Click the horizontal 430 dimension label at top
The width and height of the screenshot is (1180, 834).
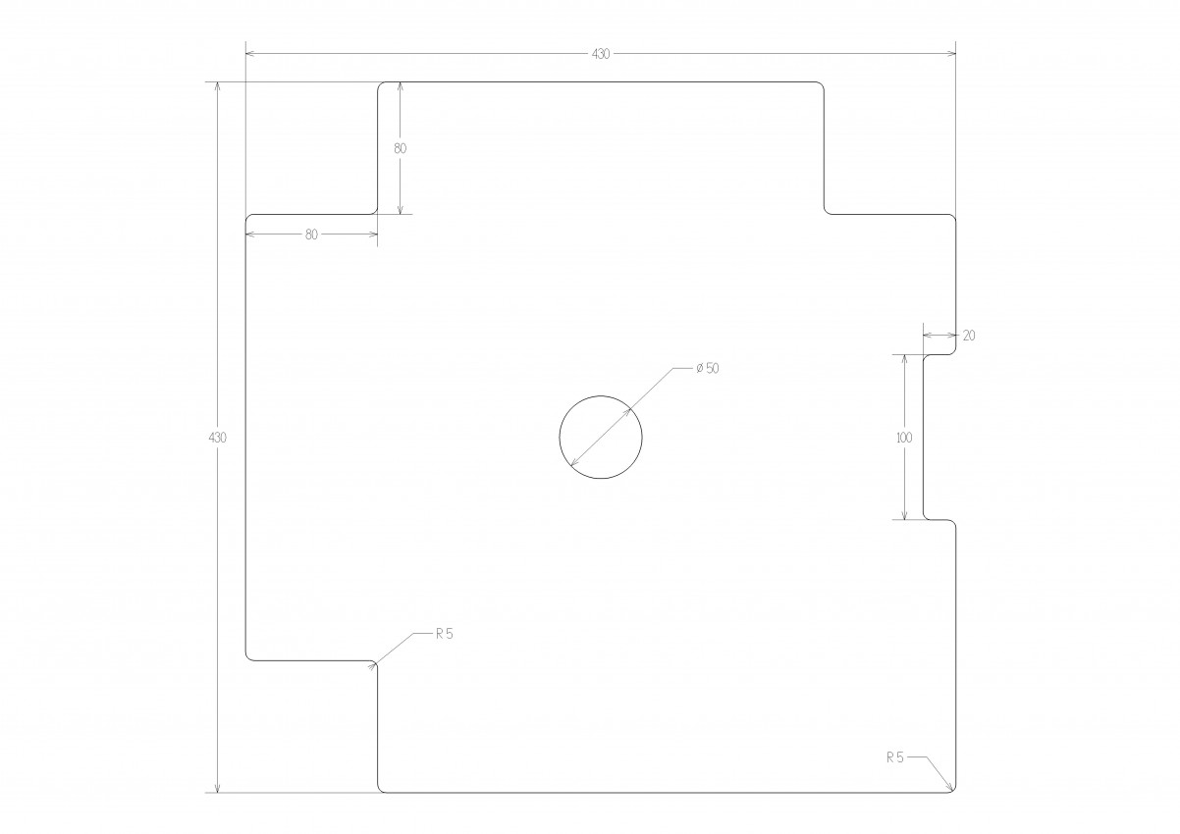[x=601, y=54]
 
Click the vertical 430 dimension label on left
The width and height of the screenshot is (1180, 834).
[x=218, y=437]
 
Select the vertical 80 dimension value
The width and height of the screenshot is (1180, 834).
[x=401, y=148]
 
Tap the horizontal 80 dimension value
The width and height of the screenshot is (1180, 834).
[x=312, y=235]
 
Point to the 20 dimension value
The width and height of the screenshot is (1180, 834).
[x=969, y=336]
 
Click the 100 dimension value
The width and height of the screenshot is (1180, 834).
[x=904, y=437]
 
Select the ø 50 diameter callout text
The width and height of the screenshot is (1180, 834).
[x=708, y=368]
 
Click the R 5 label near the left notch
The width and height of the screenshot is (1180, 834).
[x=445, y=634]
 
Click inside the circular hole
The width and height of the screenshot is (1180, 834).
[x=601, y=437]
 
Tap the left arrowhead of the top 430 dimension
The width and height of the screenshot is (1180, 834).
[x=250, y=54]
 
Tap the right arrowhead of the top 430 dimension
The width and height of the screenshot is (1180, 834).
[x=951, y=54]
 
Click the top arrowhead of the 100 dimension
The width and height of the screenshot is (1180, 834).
[x=904, y=360]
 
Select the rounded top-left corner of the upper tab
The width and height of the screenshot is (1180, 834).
[x=380, y=85]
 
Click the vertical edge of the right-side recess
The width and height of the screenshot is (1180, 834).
[x=923, y=437]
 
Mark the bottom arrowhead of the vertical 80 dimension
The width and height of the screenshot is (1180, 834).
[x=401, y=210]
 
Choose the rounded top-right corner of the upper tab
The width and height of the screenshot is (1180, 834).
[x=821, y=85]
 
